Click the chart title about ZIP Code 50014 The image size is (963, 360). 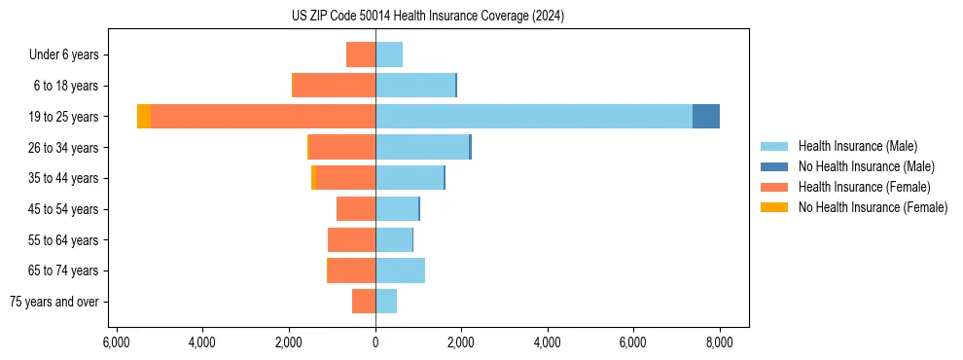coord(427,17)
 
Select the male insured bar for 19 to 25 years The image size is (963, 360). coord(533,117)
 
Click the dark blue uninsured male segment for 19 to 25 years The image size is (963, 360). coord(705,117)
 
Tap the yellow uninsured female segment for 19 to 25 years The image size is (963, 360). coord(144,117)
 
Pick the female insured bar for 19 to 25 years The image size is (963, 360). coord(263,117)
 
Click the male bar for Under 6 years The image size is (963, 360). coord(389,55)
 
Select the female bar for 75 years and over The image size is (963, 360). coord(364,302)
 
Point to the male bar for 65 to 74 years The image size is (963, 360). coord(400,270)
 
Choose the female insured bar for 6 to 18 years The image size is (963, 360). coord(334,86)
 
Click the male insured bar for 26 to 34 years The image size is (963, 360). coord(422,148)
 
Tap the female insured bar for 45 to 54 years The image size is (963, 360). coord(356,209)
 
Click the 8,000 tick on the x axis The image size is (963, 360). coord(719,342)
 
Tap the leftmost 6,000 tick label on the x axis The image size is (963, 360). coord(116,342)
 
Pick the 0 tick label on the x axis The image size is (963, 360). coord(375,342)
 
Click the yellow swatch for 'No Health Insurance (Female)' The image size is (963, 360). coord(775,207)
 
